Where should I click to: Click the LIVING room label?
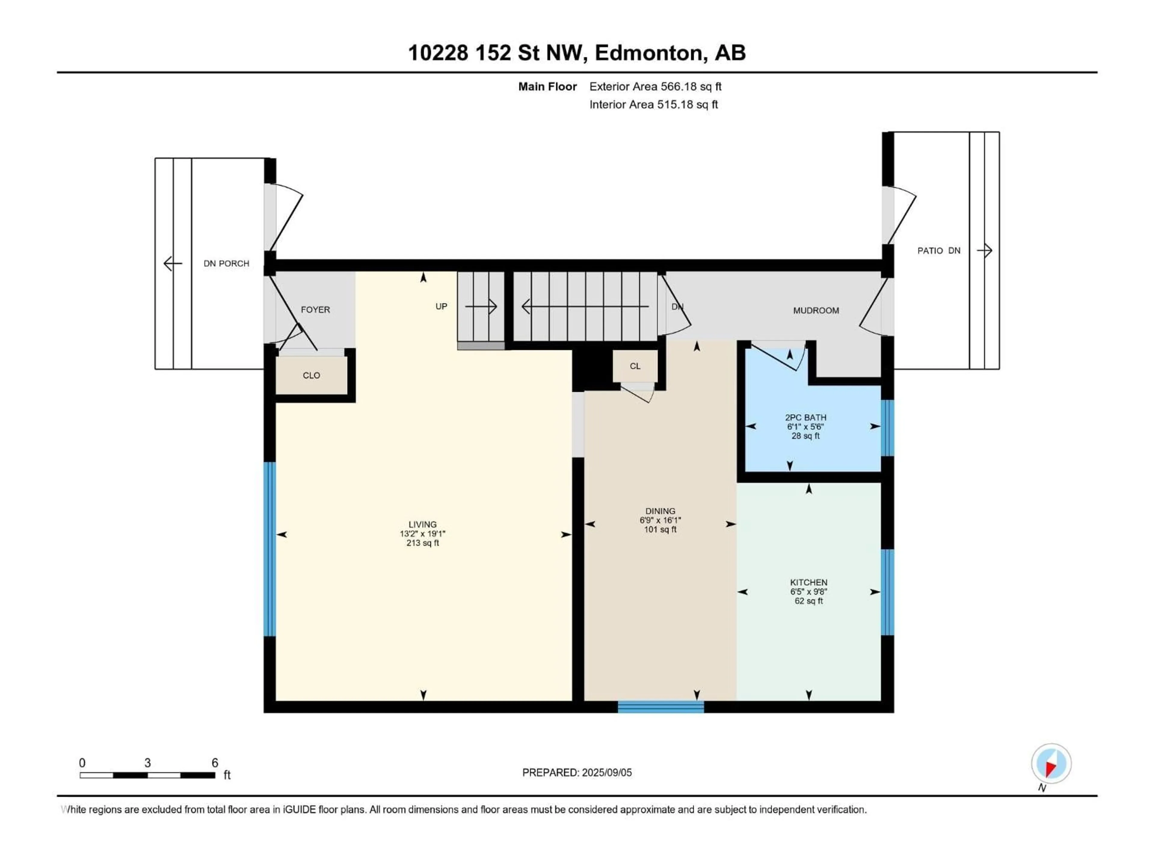click(x=422, y=524)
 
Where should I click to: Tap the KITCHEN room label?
click(x=808, y=582)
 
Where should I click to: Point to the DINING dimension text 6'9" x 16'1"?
click(x=660, y=521)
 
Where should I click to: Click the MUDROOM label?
click(x=816, y=311)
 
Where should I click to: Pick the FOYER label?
click(x=316, y=309)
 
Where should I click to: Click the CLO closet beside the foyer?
click(x=311, y=375)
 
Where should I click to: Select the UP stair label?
click(x=441, y=306)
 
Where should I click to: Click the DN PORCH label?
click(x=226, y=264)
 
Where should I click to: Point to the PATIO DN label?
click(x=938, y=250)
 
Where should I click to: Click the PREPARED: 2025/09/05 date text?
click(x=577, y=772)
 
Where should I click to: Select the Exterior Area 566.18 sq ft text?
click(x=655, y=87)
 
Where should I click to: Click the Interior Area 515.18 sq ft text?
click(x=653, y=104)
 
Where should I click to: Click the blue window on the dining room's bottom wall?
click(x=661, y=707)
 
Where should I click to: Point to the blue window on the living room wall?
click(x=269, y=549)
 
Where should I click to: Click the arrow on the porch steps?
click(x=173, y=264)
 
